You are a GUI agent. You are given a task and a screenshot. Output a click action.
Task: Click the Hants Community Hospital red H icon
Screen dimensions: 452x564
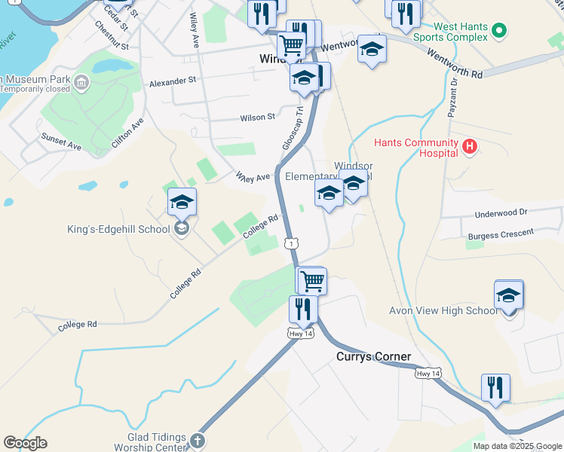[x=470, y=146]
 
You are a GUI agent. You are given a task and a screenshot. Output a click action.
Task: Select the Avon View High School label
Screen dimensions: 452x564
[x=443, y=310]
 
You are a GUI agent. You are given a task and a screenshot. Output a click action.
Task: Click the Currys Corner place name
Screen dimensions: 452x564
[x=374, y=356]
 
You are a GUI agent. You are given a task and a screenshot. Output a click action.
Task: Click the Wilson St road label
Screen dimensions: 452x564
[x=258, y=118]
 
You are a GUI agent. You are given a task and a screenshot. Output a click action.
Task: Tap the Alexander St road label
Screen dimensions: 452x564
[x=173, y=80]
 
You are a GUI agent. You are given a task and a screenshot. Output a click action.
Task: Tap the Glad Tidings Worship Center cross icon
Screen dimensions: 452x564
[x=197, y=440]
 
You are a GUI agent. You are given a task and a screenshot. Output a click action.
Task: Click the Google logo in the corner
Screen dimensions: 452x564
[x=25, y=443]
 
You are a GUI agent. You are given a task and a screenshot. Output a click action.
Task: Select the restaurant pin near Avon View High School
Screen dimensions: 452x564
[x=495, y=387]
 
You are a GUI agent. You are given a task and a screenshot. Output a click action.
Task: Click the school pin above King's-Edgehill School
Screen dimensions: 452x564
[x=182, y=202]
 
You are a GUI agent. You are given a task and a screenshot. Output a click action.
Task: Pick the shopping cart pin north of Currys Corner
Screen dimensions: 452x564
[x=311, y=281]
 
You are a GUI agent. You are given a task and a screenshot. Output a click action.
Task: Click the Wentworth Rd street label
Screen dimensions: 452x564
[x=454, y=65]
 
